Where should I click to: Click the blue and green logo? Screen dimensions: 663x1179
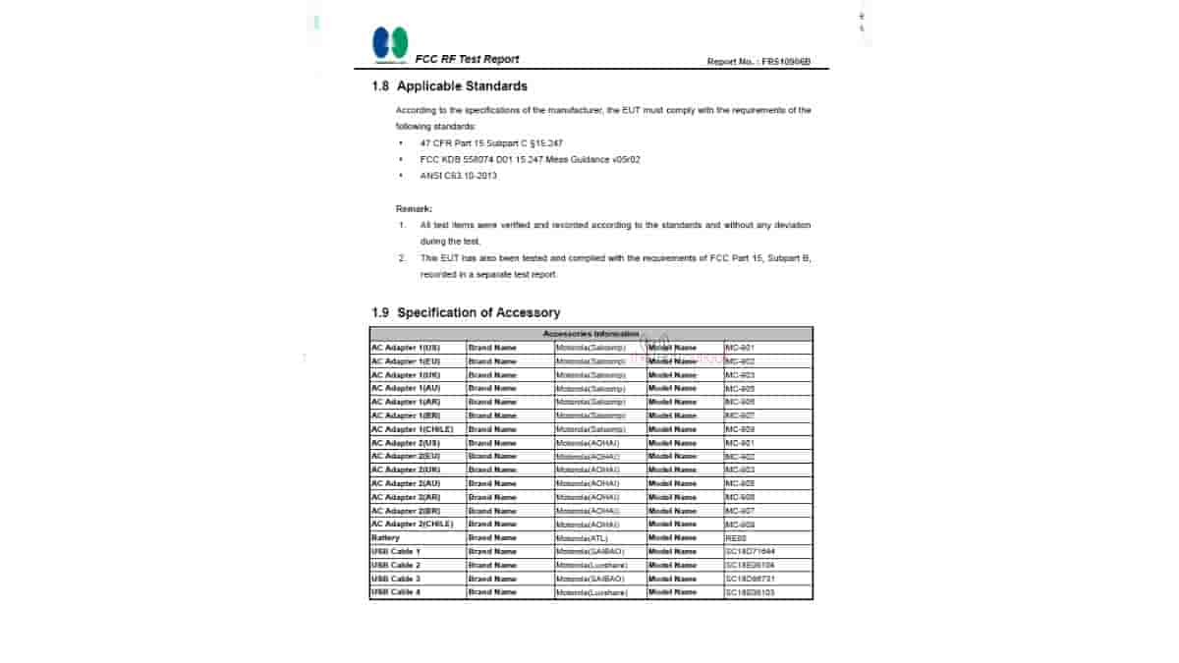click(389, 44)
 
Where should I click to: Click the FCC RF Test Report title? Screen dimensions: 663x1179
click(467, 59)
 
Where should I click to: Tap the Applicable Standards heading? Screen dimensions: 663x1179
click(449, 86)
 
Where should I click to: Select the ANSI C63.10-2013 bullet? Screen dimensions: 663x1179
click(459, 176)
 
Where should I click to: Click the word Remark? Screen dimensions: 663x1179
click(414, 208)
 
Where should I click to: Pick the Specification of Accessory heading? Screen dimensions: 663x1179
click(466, 312)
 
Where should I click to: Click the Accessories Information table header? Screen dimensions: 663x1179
click(590, 334)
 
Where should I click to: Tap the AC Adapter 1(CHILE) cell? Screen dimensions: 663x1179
click(411, 429)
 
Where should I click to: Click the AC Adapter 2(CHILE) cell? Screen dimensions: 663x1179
click(411, 524)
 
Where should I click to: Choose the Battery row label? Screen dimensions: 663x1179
click(386, 538)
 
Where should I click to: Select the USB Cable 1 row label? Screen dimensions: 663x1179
click(395, 552)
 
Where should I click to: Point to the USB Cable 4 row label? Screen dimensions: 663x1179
click(395, 592)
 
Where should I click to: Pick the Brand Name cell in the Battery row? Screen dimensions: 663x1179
click(492, 538)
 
